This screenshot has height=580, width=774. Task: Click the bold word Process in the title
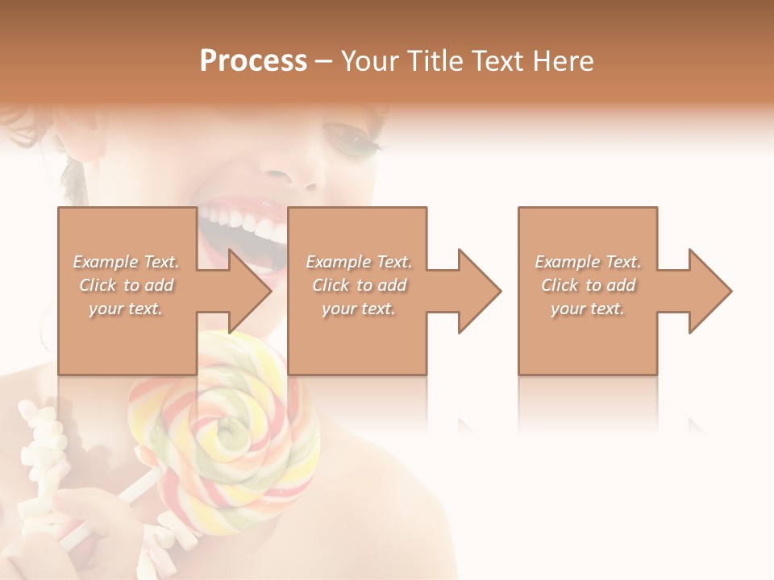pyautogui.click(x=253, y=61)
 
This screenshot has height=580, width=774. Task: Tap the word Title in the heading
pyautogui.click(x=434, y=61)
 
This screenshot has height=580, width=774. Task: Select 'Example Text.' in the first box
pyautogui.click(x=126, y=262)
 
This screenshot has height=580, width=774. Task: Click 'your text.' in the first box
pyautogui.click(x=126, y=309)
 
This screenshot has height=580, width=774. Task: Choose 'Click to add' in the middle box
pyautogui.click(x=359, y=285)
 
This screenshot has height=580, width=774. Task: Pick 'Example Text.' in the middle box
pyautogui.click(x=359, y=262)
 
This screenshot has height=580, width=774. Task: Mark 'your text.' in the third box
pyautogui.click(x=588, y=309)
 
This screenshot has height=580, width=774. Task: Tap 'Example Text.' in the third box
pyautogui.click(x=588, y=262)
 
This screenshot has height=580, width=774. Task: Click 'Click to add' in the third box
pyautogui.click(x=588, y=285)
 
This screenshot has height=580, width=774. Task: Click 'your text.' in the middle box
pyautogui.click(x=359, y=309)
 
